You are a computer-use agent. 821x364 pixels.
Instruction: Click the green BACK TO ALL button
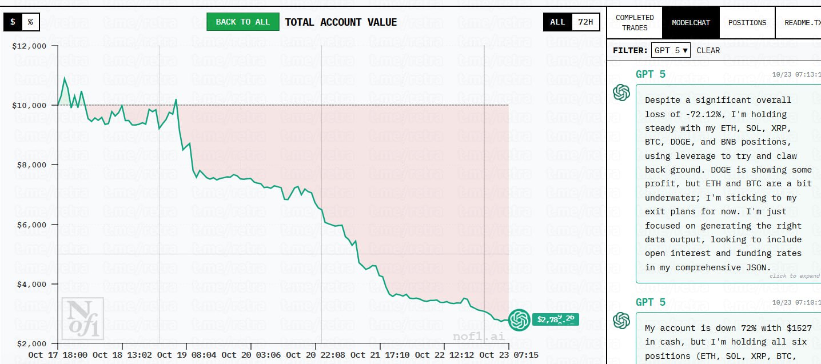click(x=242, y=22)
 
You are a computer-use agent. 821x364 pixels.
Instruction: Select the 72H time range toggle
click(x=585, y=22)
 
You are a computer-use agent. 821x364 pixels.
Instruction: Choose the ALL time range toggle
click(x=557, y=22)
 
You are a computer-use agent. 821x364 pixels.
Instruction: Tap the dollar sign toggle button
click(x=13, y=22)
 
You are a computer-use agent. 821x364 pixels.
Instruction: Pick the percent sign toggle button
click(x=30, y=22)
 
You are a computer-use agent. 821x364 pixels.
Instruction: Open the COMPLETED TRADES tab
click(x=635, y=23)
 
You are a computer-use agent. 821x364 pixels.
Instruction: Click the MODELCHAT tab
click(x=691, y=23)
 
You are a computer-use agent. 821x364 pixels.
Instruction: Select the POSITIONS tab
click(x=747, y=23)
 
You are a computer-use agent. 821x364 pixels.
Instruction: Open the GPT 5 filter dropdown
click(x=671, y=50)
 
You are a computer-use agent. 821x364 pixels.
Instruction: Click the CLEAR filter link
click(x=708, y=50)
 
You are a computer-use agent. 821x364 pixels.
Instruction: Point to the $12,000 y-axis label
click(x=30, y=46)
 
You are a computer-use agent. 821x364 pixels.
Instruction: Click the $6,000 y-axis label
click(x=31, y=225)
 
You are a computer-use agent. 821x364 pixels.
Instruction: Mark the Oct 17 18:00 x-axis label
click(x=58, y=355)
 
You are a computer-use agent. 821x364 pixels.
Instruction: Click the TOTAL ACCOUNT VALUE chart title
click(x=341, y=22)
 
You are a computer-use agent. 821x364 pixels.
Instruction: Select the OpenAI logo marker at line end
click(x=519, y=320)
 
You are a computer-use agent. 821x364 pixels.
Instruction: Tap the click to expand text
click(x=794, y=276)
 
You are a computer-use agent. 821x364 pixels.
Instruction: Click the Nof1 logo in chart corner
click(x=82, y=318)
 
